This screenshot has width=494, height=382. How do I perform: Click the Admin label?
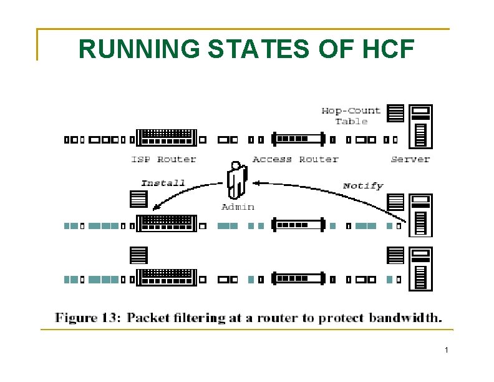pos(238,207)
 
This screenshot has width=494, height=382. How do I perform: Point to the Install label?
pos(163,183)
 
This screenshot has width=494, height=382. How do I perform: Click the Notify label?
pos(363,185)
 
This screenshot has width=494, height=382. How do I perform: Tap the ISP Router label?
pos(163,160)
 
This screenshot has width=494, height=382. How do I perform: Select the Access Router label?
pos(295,160)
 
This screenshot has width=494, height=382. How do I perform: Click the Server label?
pos(410,160)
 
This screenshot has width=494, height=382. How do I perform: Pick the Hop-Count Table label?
pos(351,116)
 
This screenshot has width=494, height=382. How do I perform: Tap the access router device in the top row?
pos(299,139)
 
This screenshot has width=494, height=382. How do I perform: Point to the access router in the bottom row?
pos(299,278)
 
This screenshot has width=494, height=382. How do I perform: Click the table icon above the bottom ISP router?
pos(138,255)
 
